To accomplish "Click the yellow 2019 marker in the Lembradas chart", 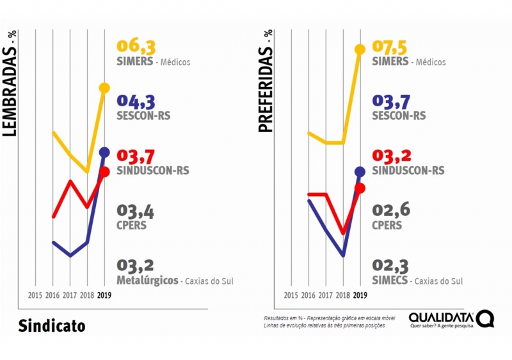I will click(x=105, y=88).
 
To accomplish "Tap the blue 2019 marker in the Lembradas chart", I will click(x=105, y=152).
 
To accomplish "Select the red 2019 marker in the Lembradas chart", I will click(x=105, y=172).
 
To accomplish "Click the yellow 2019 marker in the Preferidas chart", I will click(x=360, y=49).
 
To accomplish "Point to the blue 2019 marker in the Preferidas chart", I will click(x=360, y=171).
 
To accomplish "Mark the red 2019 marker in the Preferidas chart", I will click(x=360, y=188).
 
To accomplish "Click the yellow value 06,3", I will click(x=136, y=47).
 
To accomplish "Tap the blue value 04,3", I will click(x=136, y=102).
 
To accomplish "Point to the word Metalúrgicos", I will click(x=147, y=280).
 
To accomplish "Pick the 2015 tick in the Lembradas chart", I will click(x=36, y=295).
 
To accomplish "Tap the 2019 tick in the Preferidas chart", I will click(x=360, y=295).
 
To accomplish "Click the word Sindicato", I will click(x=51, y=325).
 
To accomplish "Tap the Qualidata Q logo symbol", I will click(x=485, y=318).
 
